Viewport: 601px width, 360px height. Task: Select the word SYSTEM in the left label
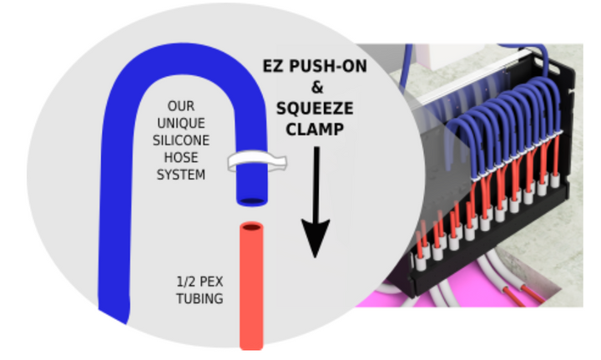tap(181, 175)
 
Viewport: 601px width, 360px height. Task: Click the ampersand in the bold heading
tap(316, 86)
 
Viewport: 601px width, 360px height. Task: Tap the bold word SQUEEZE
tap(316, 109)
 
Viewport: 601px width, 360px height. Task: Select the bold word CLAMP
tap(316, 130)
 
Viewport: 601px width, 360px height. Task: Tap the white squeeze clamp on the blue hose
tap(255, 160)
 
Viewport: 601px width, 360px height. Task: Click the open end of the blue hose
tap(250, 200)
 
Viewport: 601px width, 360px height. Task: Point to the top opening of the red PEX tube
tap(251, 227)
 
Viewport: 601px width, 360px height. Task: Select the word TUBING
tap(201, 297)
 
